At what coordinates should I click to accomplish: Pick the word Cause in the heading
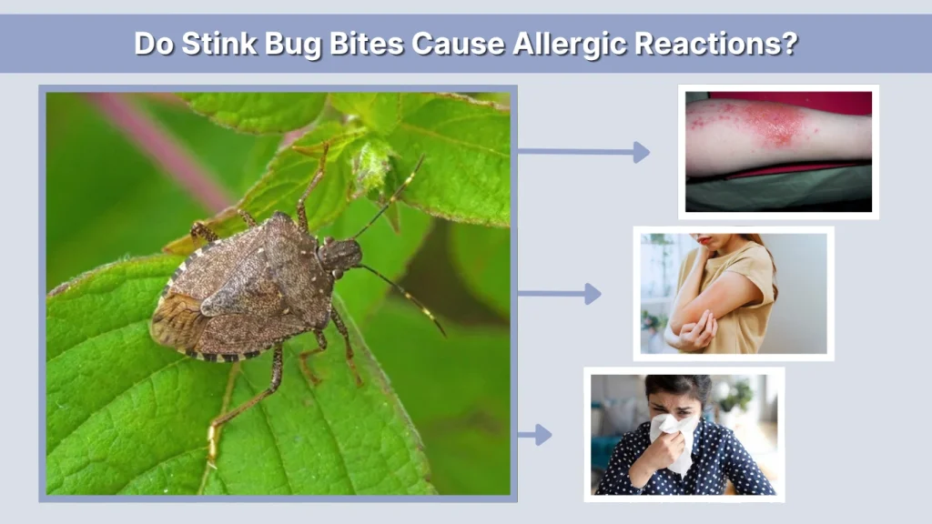coord(452,44)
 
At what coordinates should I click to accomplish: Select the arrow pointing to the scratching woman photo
coord(560,293)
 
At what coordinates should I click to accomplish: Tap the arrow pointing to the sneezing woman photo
coord(536,435)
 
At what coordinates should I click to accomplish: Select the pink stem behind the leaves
coord(164,146)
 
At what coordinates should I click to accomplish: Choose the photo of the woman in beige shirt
coord(734,293)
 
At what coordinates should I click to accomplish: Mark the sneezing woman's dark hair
coord(678,386)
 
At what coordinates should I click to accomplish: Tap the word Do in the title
coord(151,44)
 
